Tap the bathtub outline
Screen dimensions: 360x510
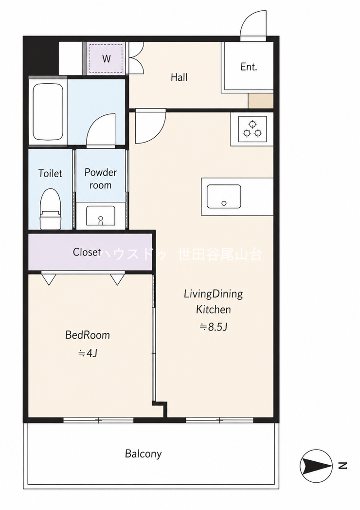coord(48,112)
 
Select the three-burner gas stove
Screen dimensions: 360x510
coord(252,129)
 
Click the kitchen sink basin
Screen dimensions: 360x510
coord(224,197)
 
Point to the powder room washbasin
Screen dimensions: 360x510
coord(101,216)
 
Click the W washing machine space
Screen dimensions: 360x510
coord(107,58)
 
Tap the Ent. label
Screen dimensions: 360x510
coord(249,67)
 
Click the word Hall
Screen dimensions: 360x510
coord(179,77)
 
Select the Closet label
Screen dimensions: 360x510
coord(87,252)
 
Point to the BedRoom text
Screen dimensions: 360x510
coord(88,335)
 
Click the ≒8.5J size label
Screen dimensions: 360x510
coord(214,327)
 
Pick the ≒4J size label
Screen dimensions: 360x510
coord(88,353)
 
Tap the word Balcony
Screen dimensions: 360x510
coord(144,454)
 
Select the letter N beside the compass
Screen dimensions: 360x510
coord(342,466)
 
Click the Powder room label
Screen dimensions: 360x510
coord(101,179)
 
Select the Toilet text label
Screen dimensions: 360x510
coord(50,173)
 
